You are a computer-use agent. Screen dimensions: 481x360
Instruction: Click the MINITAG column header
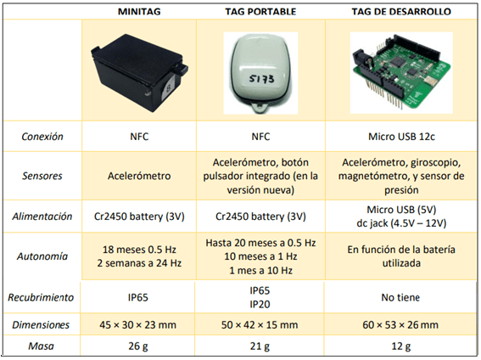pos(139,12)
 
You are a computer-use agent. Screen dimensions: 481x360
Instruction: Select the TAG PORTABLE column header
pos(260,12)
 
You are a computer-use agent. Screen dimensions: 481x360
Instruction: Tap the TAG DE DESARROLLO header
pos(401,12)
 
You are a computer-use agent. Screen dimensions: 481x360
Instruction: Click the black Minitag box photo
pos(140,73)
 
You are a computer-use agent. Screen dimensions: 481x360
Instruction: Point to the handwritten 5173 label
pos(261,80)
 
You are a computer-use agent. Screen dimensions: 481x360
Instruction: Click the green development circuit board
pos(401,73)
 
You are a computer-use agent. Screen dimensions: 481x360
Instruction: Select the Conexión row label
pos(42,137)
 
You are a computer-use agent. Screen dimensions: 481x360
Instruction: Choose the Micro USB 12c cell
pos(401,137)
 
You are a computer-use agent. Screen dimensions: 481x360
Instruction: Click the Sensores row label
pos(42,176)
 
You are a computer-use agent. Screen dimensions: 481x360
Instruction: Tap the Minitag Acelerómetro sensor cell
pos(139,176)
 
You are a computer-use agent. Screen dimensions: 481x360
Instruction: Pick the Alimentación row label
pos(42,217)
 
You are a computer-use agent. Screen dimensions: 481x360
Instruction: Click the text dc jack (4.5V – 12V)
pos(401,223)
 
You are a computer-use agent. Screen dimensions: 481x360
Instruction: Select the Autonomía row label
pos(42,256)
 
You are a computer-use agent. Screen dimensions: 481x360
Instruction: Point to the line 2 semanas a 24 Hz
pos(139,263)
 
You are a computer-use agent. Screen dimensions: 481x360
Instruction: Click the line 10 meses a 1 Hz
pos(260,256)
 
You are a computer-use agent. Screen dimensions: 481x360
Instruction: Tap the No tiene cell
pos(400,297)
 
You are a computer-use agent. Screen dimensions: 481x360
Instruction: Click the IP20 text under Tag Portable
pos(260,305)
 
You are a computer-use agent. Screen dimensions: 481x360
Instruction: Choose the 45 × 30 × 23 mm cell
pos(137,324)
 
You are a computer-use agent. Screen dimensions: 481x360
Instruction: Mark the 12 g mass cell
pos(400,346)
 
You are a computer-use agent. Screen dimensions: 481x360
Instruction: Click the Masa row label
pos(41,346)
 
